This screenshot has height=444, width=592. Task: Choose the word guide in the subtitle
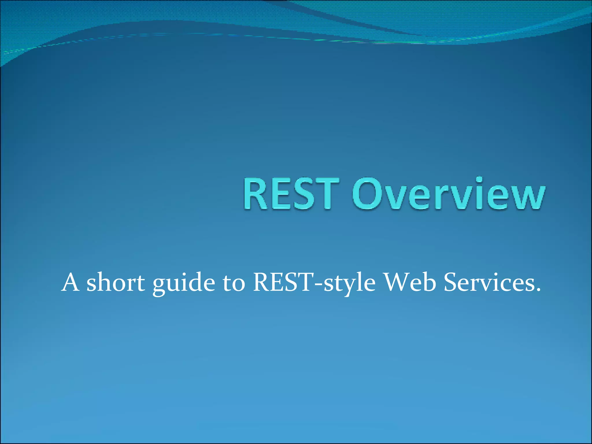point(184,283)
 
